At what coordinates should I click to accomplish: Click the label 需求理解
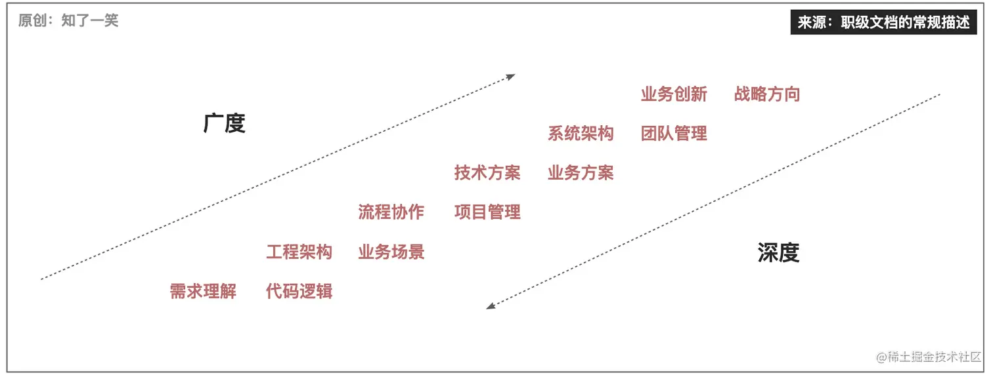click(203, 291)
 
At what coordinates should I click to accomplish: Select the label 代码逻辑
click(299, 291)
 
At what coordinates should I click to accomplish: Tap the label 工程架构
click(299, 252)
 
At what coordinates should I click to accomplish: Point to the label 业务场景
click(391, 252)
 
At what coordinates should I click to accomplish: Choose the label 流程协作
click(391, 212)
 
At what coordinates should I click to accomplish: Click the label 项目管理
click(487, 212)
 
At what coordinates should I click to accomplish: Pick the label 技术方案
click(487, 172)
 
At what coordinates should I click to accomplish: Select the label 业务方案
click(581, 172)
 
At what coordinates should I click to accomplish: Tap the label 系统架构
click(581, 133)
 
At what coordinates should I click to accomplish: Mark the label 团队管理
click(674, 133)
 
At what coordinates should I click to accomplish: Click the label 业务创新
click(674, 94)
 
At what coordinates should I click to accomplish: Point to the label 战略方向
click(767, 94)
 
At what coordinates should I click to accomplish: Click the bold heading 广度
click(225, 123)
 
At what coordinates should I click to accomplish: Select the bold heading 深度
click(778, 252)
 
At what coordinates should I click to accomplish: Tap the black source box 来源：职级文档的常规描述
click(883, 22)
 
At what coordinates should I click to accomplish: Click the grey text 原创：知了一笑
click(68, 20)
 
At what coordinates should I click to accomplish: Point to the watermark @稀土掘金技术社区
click(928, 357)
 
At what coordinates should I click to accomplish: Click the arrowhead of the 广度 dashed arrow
click(511, 77)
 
